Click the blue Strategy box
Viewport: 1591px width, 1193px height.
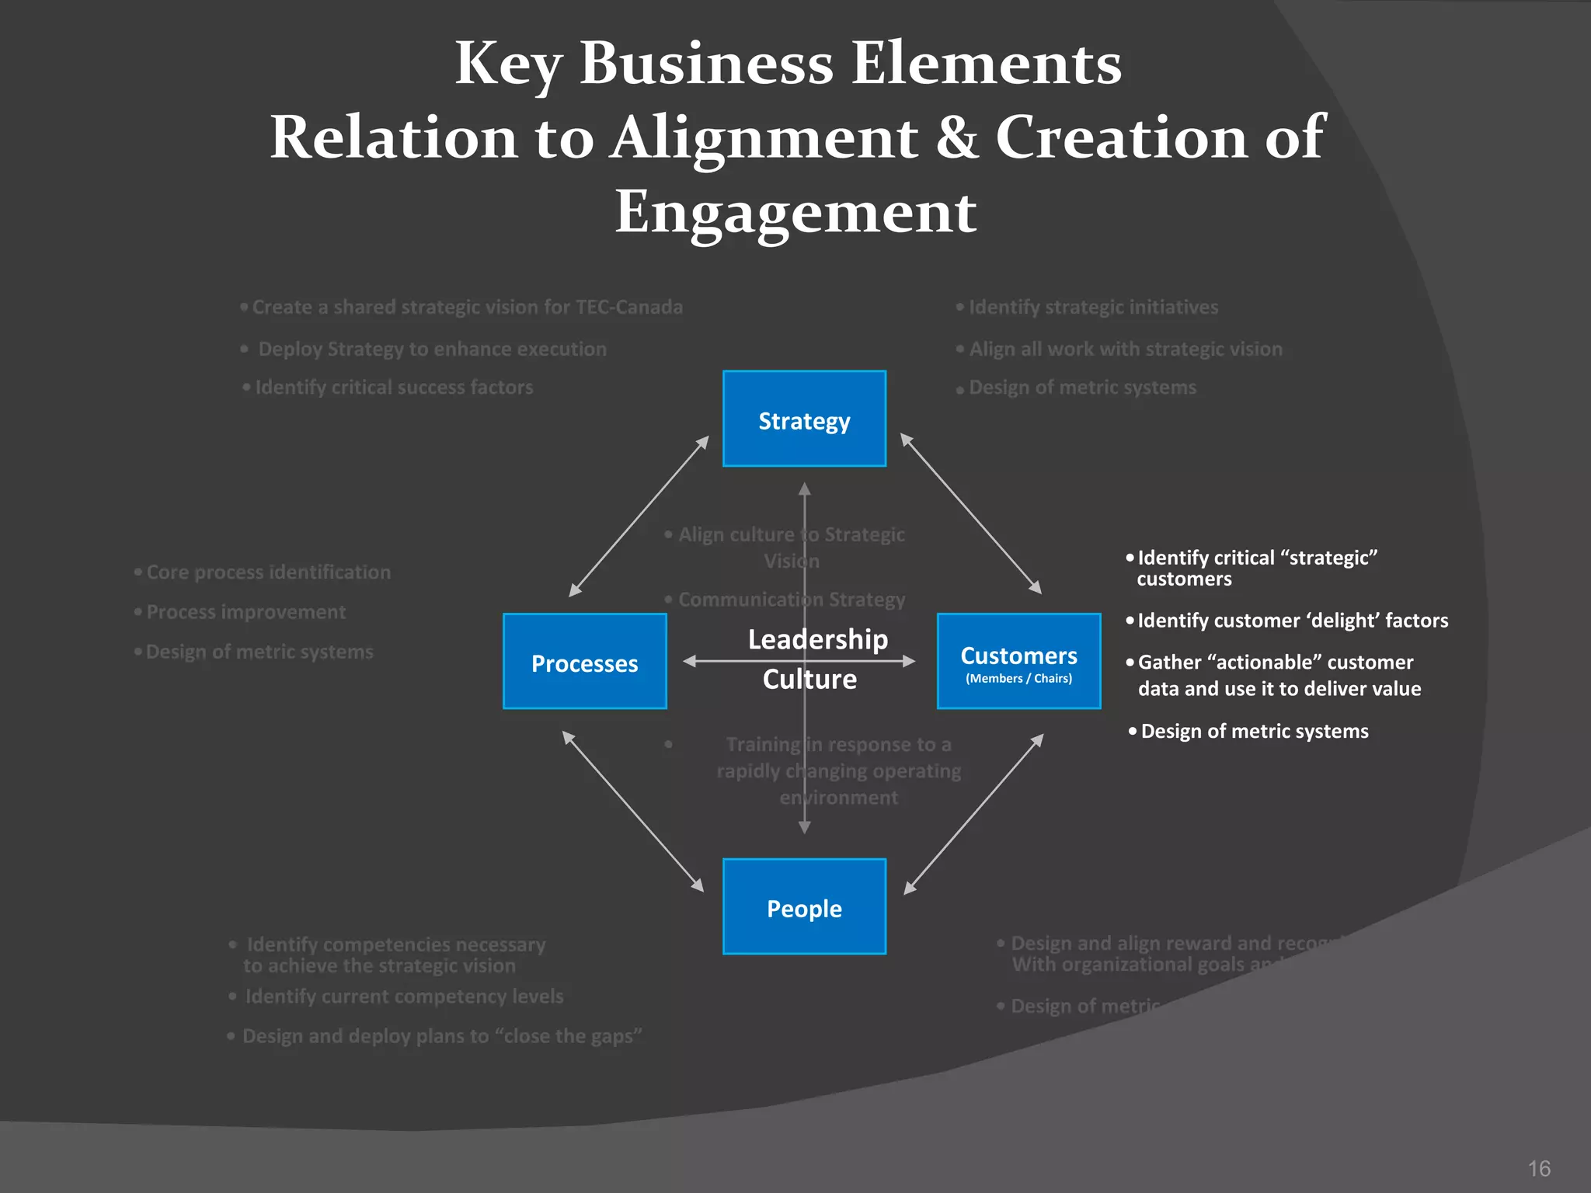[804, 419]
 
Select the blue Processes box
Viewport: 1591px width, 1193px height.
[584, 662]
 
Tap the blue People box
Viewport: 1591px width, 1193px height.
[804, 906]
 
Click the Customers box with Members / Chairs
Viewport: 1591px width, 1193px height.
[1018, 662]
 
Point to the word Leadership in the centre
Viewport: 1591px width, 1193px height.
[817, 639]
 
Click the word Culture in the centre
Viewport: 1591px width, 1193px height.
[809, 679]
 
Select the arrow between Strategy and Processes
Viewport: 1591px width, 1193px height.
[639, 517]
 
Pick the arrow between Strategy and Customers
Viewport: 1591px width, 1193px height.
[970, 514]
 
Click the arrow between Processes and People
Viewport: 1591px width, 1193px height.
[632, 811]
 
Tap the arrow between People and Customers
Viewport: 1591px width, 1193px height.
[973, 813]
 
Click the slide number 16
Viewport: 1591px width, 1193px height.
[1538, 1168]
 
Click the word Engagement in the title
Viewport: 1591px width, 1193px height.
[795, 212]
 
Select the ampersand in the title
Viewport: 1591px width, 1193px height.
[957, 137]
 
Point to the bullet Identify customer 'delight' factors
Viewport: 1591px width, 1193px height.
[1292, 621]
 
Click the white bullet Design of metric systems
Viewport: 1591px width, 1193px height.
[1254, 731]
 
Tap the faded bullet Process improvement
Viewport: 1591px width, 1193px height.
[245, 612]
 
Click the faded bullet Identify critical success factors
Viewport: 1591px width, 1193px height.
[394, 387]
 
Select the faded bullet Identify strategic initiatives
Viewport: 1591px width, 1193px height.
[1093, 307]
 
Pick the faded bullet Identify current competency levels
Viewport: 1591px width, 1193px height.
[404, 996]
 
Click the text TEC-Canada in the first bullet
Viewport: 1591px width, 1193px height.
[628, 307]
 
